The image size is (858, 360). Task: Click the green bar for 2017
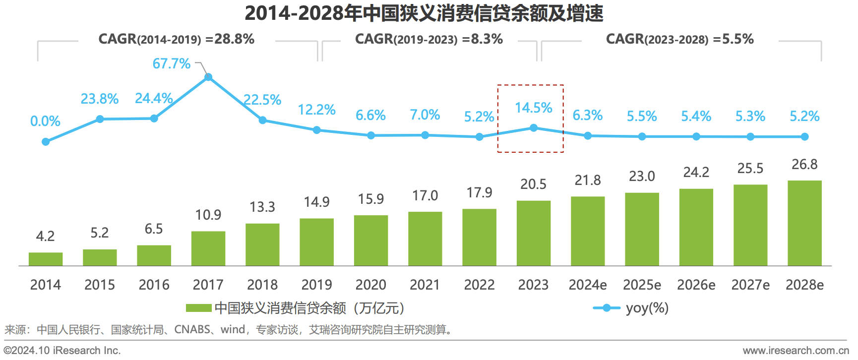pyautogui.click(x=208, y=248)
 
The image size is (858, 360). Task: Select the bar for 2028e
pyautogui.click(x=804, y=223)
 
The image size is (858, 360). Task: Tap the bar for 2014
pyautogui.click(x=46, y=259)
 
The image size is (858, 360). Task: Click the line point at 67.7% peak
pyautogui.click(x=208, y=77)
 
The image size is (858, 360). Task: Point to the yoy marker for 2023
pyautogui.click(x=534, y=128)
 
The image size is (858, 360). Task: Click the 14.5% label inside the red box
pyautogui.click(x=533, y=108)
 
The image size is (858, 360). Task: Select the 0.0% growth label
pyautogui.click(x=45, y=121)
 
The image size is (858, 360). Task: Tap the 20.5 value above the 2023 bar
pyautogui.click(x=533, y=184)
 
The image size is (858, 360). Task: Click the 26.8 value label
pyautogui.click(x=804, y=164)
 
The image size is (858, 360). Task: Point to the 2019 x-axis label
pyautogui.click(x=316, y=285)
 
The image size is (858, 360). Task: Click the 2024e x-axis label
pyautogui.click(x=588, y=285)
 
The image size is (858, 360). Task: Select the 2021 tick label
pyautogui.click(x=425, y=285)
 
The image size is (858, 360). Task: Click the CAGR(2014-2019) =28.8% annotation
pyautogui.click(x=176, y=39)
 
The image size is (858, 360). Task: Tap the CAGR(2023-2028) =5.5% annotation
pyautogui.click(x=679, y=39)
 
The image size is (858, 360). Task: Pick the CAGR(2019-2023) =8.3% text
pyautogui.click(x=429, y=39)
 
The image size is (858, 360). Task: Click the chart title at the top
pyautogui.click(x=424, y=13)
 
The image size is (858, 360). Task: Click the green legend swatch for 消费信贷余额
pyautogui.click(x=198, y=308)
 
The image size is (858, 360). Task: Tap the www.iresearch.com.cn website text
pyautogui.click(x=796, y=351)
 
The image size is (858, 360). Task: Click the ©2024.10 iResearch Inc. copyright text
pyautogui.click(x=62, y=351)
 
